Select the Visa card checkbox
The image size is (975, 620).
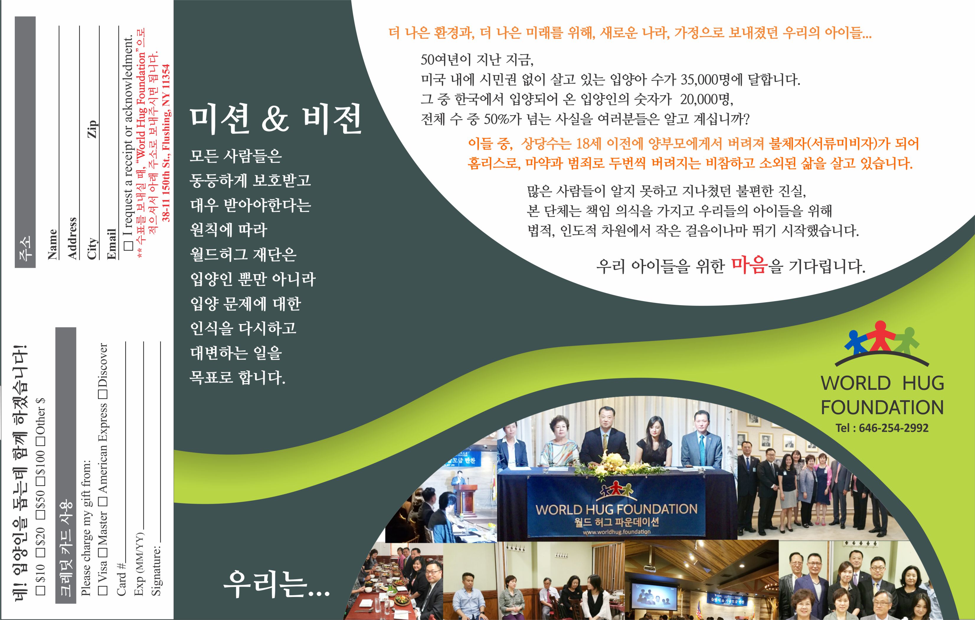103,590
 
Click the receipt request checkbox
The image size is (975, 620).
128,245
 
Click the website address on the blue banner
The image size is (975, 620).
617,532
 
